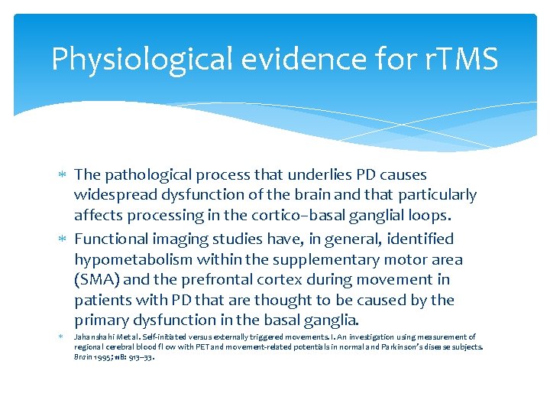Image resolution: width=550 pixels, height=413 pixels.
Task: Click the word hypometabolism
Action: click(141, 259)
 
